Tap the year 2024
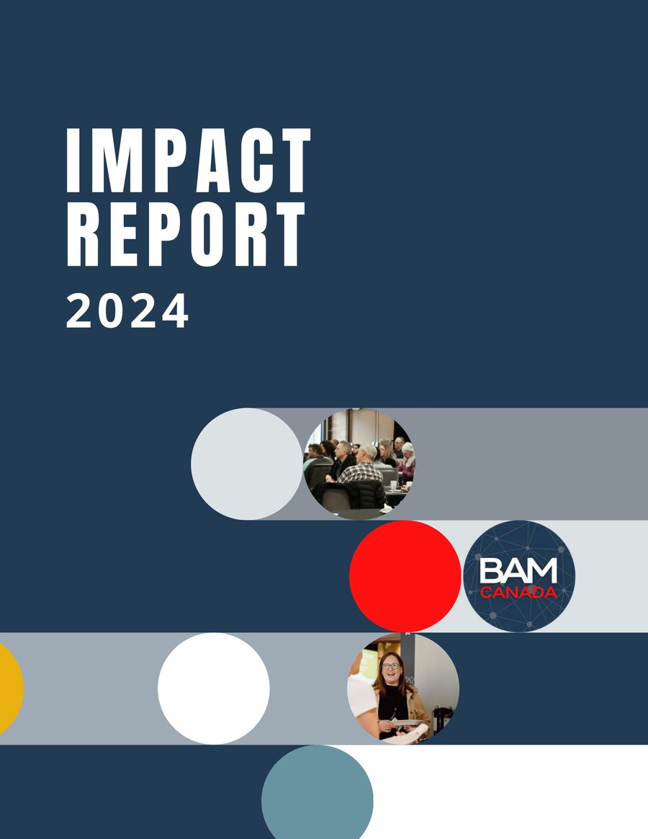(127, 311)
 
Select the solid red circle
(405, 576)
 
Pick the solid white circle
(214, 688)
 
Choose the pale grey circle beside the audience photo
(246, 464)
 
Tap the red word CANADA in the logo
(518, 593)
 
